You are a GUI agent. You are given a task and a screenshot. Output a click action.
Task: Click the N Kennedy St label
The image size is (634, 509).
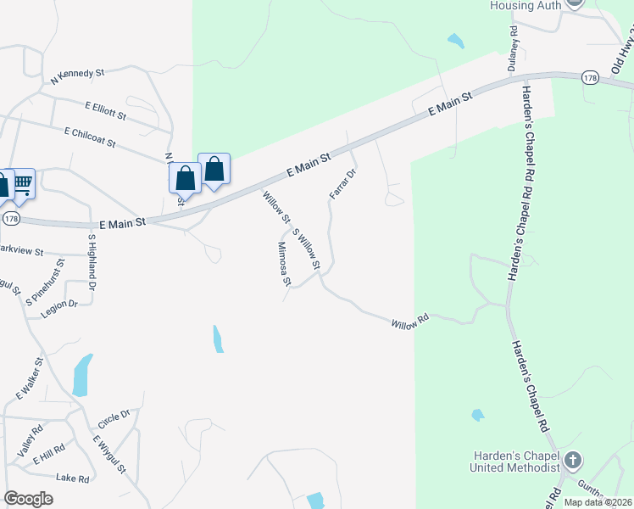point(77,75)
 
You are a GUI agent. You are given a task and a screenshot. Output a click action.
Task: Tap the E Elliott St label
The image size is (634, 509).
point(105,109)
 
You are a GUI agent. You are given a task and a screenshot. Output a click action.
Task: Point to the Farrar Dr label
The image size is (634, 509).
point(341,184)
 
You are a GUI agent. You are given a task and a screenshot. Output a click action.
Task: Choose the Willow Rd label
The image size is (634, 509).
point(410,322)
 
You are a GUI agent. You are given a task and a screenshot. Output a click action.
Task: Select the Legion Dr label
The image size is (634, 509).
point(59,309)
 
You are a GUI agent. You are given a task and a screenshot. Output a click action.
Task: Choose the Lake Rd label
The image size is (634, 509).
point(72,478)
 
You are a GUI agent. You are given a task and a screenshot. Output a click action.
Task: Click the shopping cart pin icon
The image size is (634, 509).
point(22,183)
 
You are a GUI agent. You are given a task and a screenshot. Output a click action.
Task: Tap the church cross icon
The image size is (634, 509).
point(573,461)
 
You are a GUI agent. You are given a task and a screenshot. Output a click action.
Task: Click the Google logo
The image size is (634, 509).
point(28,499)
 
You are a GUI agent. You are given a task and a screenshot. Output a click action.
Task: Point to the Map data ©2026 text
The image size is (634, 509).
point(597,502)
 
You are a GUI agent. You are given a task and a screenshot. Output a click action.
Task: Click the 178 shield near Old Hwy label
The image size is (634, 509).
point(590,78)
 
